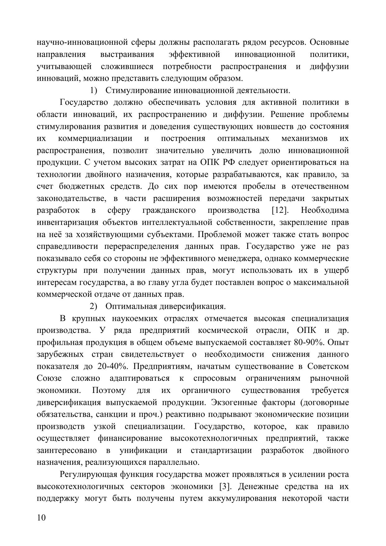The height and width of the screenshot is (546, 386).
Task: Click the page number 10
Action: (41, 518)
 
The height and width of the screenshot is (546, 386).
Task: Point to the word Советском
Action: (328, 366)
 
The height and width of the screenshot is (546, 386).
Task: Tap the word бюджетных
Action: (81, 187)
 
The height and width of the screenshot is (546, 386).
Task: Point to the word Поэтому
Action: (109, 390)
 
